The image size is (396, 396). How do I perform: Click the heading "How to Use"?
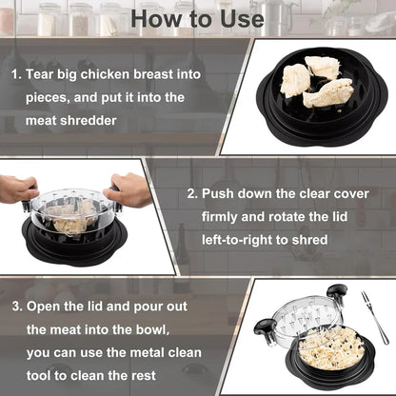point(197,18)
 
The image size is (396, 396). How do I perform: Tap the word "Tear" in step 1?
point(45,73)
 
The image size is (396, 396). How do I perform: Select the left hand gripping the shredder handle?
point(18,188)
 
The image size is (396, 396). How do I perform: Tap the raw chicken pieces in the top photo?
point(316,80)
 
